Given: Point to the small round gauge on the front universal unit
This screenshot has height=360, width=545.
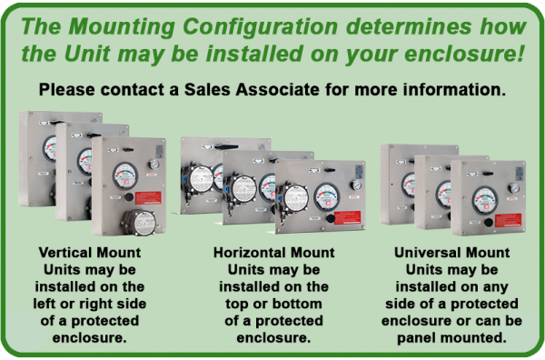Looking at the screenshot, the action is point(513,187).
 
